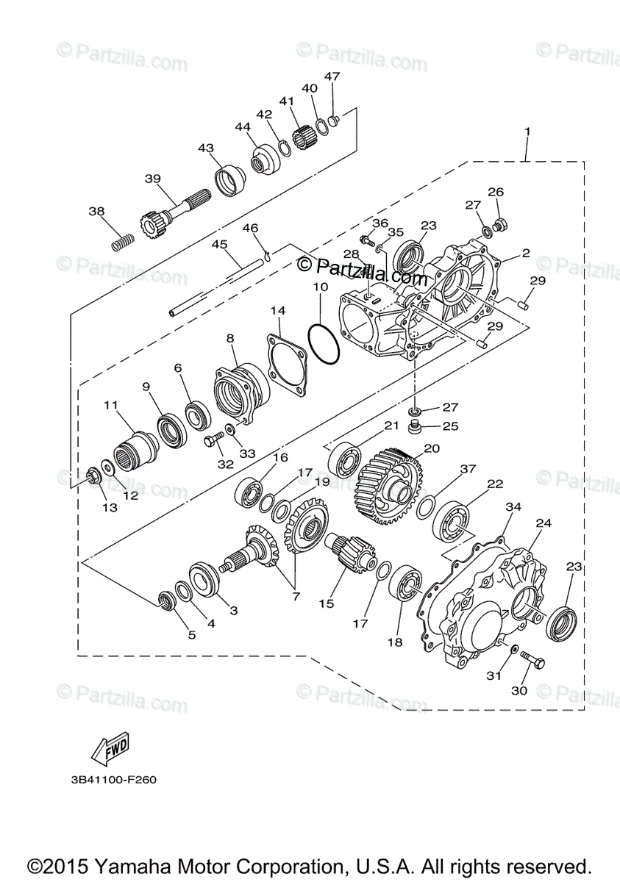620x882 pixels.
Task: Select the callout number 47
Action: coord(332,76)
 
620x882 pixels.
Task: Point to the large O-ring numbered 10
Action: coord(324,342)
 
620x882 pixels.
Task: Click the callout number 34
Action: coord(513,507)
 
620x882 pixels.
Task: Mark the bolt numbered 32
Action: coord(212,442)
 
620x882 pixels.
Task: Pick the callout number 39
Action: coord(152,179)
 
